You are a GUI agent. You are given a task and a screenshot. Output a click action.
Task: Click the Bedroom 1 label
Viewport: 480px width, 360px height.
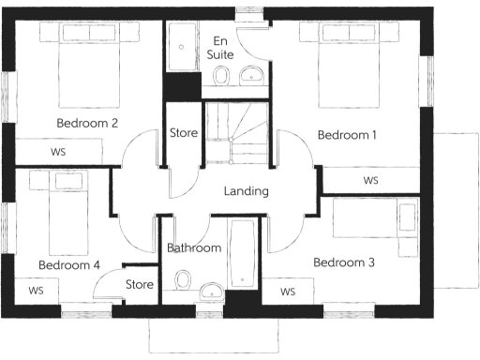point(347,136)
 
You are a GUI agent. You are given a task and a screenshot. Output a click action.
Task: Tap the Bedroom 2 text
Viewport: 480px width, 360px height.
point(87,123)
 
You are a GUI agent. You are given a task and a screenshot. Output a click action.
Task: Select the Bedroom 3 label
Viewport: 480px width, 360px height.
point(344,262)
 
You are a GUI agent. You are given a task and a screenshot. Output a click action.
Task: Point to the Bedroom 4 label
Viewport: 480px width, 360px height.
point(68,265)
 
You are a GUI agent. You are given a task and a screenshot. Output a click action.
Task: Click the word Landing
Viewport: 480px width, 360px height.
point(247,191)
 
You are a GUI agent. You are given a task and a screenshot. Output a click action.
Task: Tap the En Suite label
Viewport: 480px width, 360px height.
point(220,49)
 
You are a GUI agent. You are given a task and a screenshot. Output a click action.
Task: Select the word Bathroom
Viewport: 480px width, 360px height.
point(194,248)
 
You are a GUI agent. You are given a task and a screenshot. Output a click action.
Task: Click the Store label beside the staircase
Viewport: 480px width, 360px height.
point(184,133)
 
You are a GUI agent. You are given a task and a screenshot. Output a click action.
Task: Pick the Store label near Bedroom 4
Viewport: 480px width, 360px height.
point(139,284)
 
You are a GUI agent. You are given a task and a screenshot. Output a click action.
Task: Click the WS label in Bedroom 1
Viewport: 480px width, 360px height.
point(370,180)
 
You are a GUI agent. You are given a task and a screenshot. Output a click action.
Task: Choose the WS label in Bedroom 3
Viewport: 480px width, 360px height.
point(288,292)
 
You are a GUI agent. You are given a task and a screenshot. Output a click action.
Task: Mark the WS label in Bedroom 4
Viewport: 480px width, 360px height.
point(37,291)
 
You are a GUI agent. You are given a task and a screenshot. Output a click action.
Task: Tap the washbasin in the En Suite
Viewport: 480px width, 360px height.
point(249,76)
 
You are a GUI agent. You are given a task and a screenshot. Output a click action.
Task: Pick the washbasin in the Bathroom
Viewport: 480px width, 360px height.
point(212,286)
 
